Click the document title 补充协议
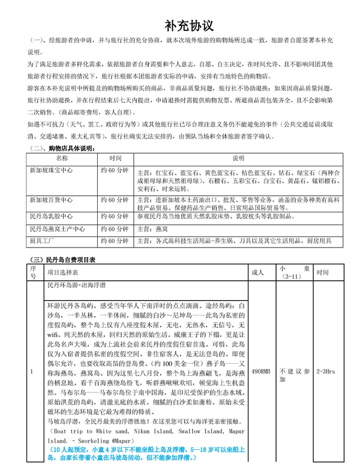pyautogui.click(x=189, y=26)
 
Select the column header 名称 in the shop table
pyautogui.click(x=62, y=158)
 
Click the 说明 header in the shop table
pyautogui.click(x=239, y=158)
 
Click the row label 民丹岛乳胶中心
pyautogui.click(x=51, y=216)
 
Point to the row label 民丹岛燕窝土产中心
pyautogui.click(x=57, y=228)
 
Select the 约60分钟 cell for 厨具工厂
pyautogui.click(x=114, y=240)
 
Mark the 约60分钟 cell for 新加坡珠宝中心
pyautogui.click(x=114, y=171)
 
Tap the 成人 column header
pyautogui.click(x=258, y=272)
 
